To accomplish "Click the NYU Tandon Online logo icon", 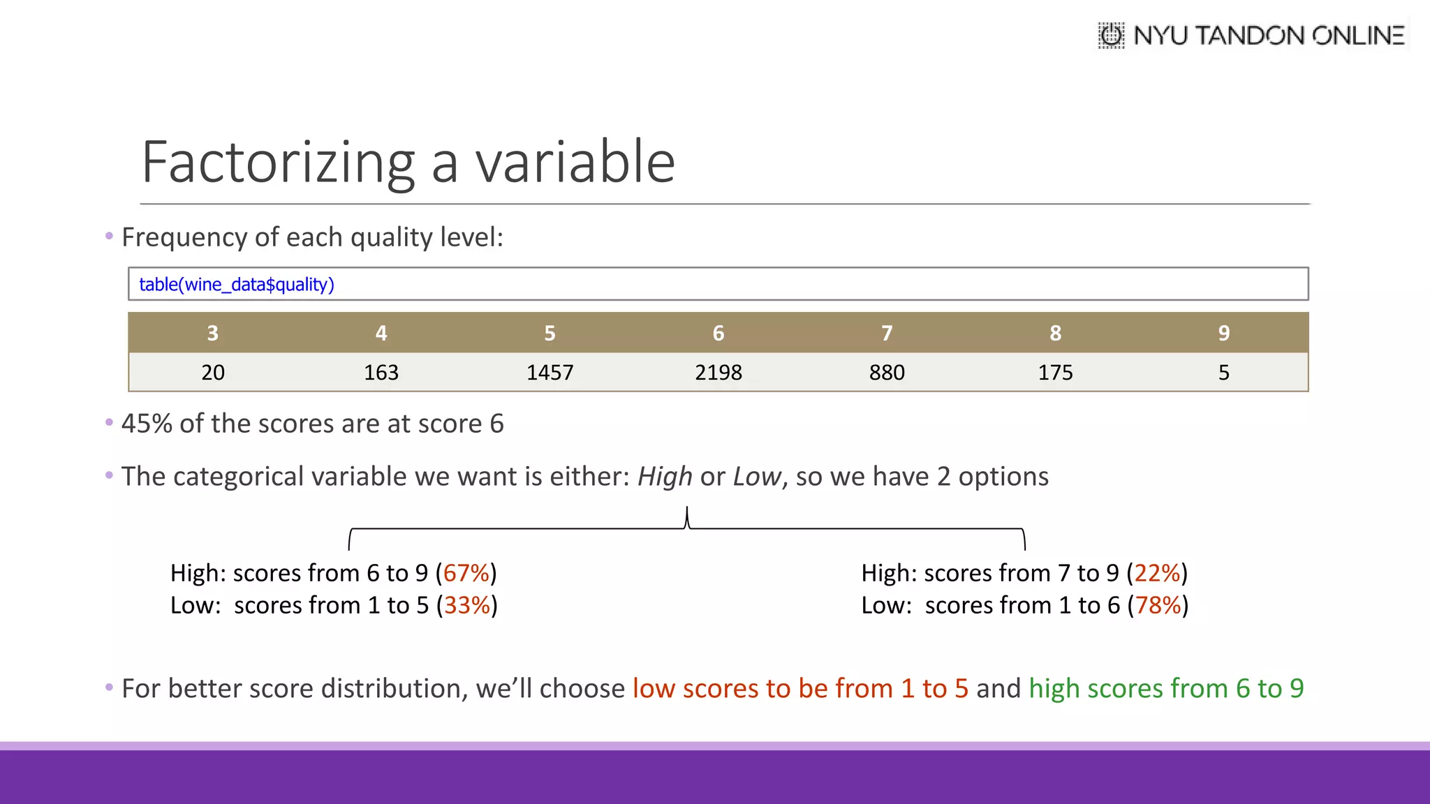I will tap(1111, 35).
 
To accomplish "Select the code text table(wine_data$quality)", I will tap(237, 285).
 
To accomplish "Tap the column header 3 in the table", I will tap(213, 333).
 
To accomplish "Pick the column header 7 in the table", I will tap(887, 333).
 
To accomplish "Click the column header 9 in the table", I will tap(1224, 333).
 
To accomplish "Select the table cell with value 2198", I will tap(718, 373).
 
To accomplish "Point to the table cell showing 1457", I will tap(550, 373).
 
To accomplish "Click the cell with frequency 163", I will tap(381, 373).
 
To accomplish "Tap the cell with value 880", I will tap(887, 373).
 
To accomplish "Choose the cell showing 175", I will tap(1055, 373).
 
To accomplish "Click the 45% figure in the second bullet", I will tap(147, 424).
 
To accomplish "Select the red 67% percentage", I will tap(466, 573).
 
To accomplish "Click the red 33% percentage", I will tap(467, 605).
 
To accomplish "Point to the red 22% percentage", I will tap(1157, 573).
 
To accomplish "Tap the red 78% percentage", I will tap(1158, 605).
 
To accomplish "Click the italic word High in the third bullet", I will tap(665, 477).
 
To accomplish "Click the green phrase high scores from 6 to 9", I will tap(1166, 689).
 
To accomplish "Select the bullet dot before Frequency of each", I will tap(109, 237).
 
